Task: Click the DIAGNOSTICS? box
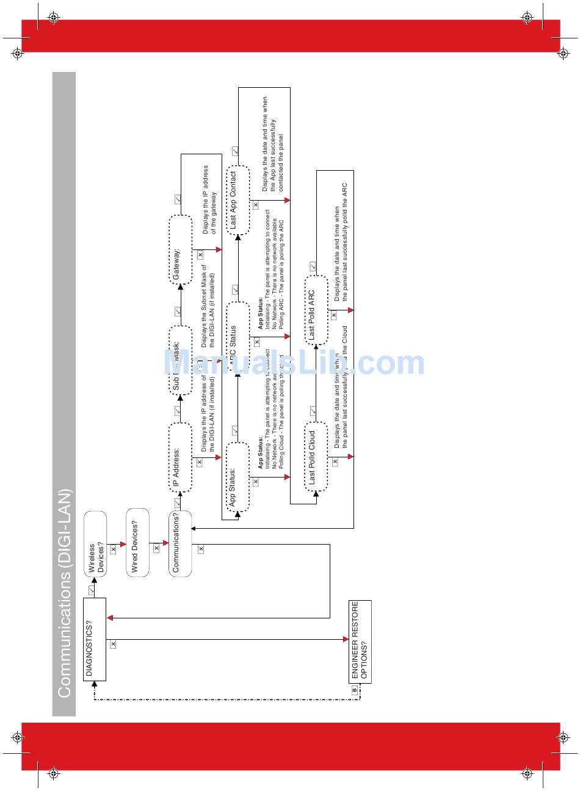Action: pyautogui.click(x=95, y=639)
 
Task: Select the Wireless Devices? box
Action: pyautogui.click(x=95, y=545)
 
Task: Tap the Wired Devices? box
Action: pyautogui.click(x=137, y=543)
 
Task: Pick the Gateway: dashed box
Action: pyautogui.click(x=180, y=249)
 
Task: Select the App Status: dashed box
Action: pyautogui.click(x=237, y=477)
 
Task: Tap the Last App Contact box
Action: pyautogui.click(x=238, y=200)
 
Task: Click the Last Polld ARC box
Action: pyautogui.click(x=316, y=310)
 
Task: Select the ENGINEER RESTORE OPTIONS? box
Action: pyautogui.click(x=360, y=642)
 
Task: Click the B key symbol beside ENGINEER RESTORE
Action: pyautogui.click(x=354, y=689)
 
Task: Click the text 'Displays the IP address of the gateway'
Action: pyautogui.click(x=209, y=199)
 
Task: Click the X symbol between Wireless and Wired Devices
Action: pyautogui.click(x=113, y=549)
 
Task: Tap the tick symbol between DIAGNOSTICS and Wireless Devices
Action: pyautogui.click(x=92, y=590)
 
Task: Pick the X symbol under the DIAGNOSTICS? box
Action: pyautogui.click(x=113, y=644)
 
